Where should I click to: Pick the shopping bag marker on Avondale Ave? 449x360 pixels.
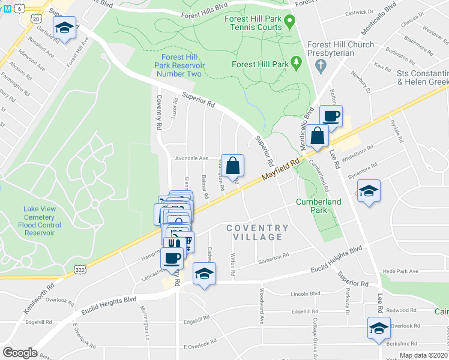pos(234,165)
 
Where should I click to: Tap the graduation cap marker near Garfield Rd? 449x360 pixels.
pos(63,28)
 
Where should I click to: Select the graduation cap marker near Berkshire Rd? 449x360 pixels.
pos(378,328)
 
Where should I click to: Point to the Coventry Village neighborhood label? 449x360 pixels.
pos(258,233)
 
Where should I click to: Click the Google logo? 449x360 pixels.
pos(20,352)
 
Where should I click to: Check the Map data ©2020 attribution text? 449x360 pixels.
pos(423,355)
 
